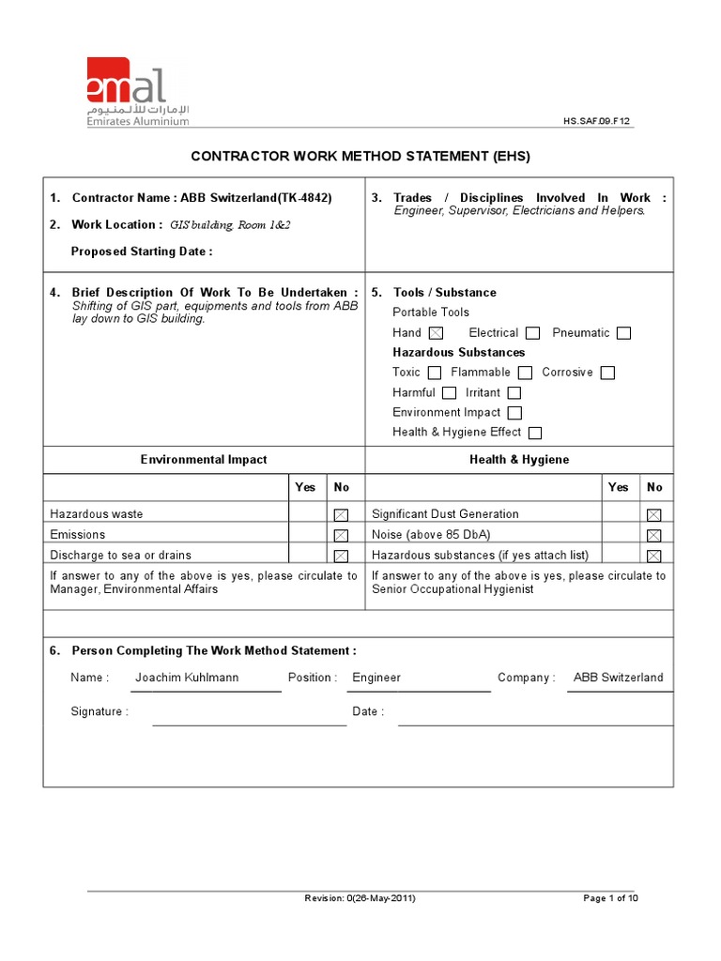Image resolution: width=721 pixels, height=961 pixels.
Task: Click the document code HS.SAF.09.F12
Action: (598, 121)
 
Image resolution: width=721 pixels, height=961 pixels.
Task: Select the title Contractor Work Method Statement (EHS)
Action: (360, 156)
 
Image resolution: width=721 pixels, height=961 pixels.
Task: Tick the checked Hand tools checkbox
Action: (436, 333)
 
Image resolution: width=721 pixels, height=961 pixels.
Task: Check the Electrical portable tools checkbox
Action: (532, 333)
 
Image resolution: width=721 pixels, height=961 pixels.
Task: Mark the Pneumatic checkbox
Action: (623, 333)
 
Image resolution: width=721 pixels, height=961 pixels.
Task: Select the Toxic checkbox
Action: (434, 373)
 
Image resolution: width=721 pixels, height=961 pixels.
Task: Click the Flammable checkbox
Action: (525, 373)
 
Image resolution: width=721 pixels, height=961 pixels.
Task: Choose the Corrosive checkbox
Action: (607, 373)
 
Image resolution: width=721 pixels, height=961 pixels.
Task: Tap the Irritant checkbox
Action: (514, 393)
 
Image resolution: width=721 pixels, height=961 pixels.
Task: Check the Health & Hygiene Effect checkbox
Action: (535, 433)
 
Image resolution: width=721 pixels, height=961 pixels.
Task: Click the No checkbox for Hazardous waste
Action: (341, 514)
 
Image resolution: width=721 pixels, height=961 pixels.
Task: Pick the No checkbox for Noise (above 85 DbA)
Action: (654, 535)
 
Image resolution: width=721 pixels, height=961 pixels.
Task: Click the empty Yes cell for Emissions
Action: (307, 535)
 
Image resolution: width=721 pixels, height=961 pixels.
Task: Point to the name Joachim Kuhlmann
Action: (187, 678)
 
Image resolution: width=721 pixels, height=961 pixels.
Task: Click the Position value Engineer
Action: (376, 678)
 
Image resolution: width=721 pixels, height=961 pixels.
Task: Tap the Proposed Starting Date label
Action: (142, 252)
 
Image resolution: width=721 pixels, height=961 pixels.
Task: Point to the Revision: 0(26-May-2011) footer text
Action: (360, 898)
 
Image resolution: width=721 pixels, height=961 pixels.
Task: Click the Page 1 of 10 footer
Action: (610, 898)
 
